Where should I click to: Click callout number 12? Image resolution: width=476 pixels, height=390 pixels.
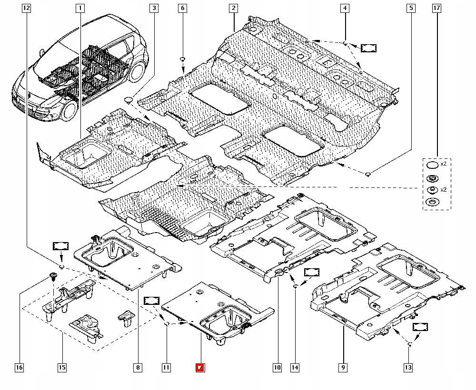pos(26,8)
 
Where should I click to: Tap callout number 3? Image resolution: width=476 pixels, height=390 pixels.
pos(154,8)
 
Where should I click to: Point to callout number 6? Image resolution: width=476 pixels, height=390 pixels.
pos(183,8)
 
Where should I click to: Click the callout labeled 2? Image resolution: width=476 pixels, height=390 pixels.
pos(233,8)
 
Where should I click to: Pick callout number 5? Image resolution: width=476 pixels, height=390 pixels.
pos(411,8)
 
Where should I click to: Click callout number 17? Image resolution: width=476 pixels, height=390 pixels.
pos(436,8)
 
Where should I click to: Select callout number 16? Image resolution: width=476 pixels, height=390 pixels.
pos(19,367)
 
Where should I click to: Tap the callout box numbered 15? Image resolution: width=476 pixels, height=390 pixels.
pos(62,367)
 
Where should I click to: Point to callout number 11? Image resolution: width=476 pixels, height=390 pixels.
pos(166,367)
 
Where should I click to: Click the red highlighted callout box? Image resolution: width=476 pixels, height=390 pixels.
pos(200,367)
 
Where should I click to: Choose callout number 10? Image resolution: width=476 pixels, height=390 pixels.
pos(277,367)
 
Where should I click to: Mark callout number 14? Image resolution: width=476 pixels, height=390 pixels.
pos(295,367)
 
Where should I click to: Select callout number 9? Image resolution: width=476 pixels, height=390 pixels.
pos(343,367)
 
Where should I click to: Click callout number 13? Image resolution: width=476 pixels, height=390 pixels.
pos(408,367)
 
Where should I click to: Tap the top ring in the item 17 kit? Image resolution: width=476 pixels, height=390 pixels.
pos(431,165)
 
